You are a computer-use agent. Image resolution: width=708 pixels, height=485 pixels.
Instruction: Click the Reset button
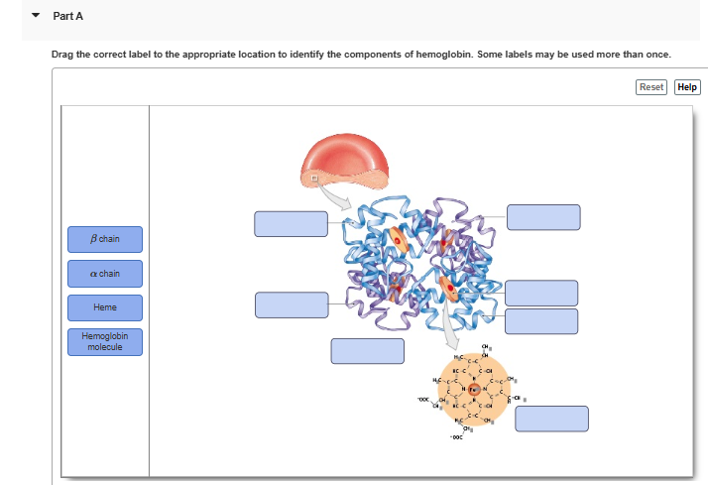(x=651, y=87)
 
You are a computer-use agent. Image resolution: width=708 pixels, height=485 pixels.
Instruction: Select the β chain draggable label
(x=105, y=239)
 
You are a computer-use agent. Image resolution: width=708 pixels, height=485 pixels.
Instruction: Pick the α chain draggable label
(x=105, y=274)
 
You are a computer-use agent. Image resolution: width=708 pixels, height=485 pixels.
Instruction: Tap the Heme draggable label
(x=105, y=308)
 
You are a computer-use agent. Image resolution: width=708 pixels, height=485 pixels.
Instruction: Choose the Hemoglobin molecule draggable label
(x=105, y=342)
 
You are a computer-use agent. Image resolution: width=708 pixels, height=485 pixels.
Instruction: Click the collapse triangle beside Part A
(x=37, y=17)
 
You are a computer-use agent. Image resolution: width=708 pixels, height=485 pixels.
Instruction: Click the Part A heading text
(x=65, y=17)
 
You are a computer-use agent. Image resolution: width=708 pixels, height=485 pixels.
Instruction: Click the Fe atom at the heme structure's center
(x=474, y=389)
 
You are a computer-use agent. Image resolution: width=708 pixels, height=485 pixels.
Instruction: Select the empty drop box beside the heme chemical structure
(x=551, y=419)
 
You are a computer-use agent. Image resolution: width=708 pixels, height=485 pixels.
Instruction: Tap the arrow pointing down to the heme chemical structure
(x=452, y=323)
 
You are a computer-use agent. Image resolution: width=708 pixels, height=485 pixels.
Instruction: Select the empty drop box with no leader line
(x=368, y=351)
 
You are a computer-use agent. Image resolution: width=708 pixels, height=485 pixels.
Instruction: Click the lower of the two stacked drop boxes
(x=541, y=321)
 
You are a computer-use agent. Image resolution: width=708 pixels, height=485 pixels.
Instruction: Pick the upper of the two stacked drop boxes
(x=541, y=293)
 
